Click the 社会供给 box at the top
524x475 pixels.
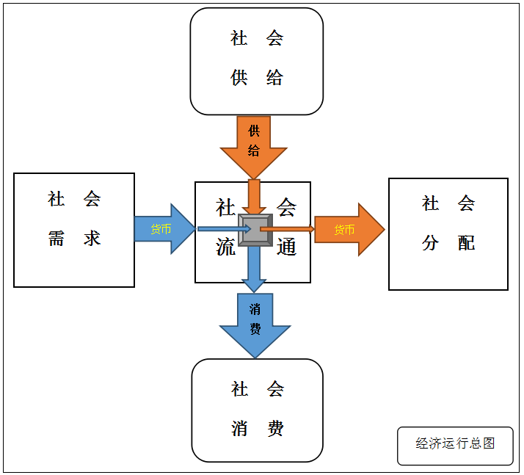[256, 61]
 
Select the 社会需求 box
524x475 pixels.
[74, 230]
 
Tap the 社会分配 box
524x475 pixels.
[448, 233]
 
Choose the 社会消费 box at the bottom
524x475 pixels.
[257, 410]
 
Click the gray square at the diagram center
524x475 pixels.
[255, 230]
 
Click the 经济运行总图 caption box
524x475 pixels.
[455, 445]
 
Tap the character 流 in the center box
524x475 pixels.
[225, 247]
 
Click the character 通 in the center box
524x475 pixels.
[286, 247]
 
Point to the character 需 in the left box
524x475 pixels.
[57, 238]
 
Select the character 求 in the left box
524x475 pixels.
[92, 238]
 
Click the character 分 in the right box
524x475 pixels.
[430, 242]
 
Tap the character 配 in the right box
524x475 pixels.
[467, 242]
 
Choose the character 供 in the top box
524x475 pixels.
[239, 78]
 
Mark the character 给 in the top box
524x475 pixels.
[274, 78]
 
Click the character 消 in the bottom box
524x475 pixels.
[240, 428]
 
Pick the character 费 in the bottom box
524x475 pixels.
[275, 428]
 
